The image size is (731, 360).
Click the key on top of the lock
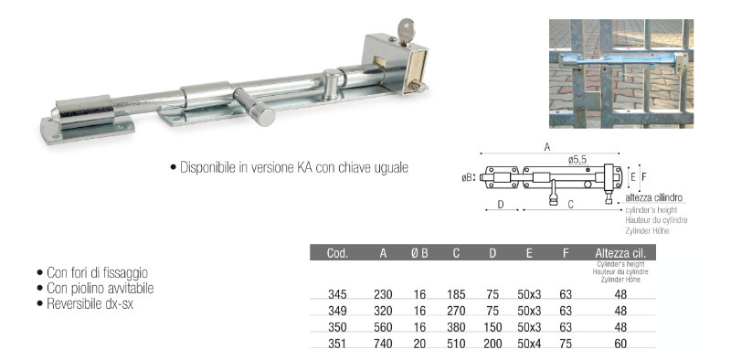click(406, 31)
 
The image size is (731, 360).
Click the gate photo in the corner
click(621, 73)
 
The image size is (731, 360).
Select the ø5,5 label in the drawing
click(577, 160)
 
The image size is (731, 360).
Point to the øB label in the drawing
click(467, 176)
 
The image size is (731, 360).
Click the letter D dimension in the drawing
click(501, 205)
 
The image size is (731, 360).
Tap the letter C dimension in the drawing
click(570, 205)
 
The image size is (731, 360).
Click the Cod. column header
click(337, 253)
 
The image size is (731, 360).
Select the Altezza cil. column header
click(620, 253)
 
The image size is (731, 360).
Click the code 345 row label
click(337, 295)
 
